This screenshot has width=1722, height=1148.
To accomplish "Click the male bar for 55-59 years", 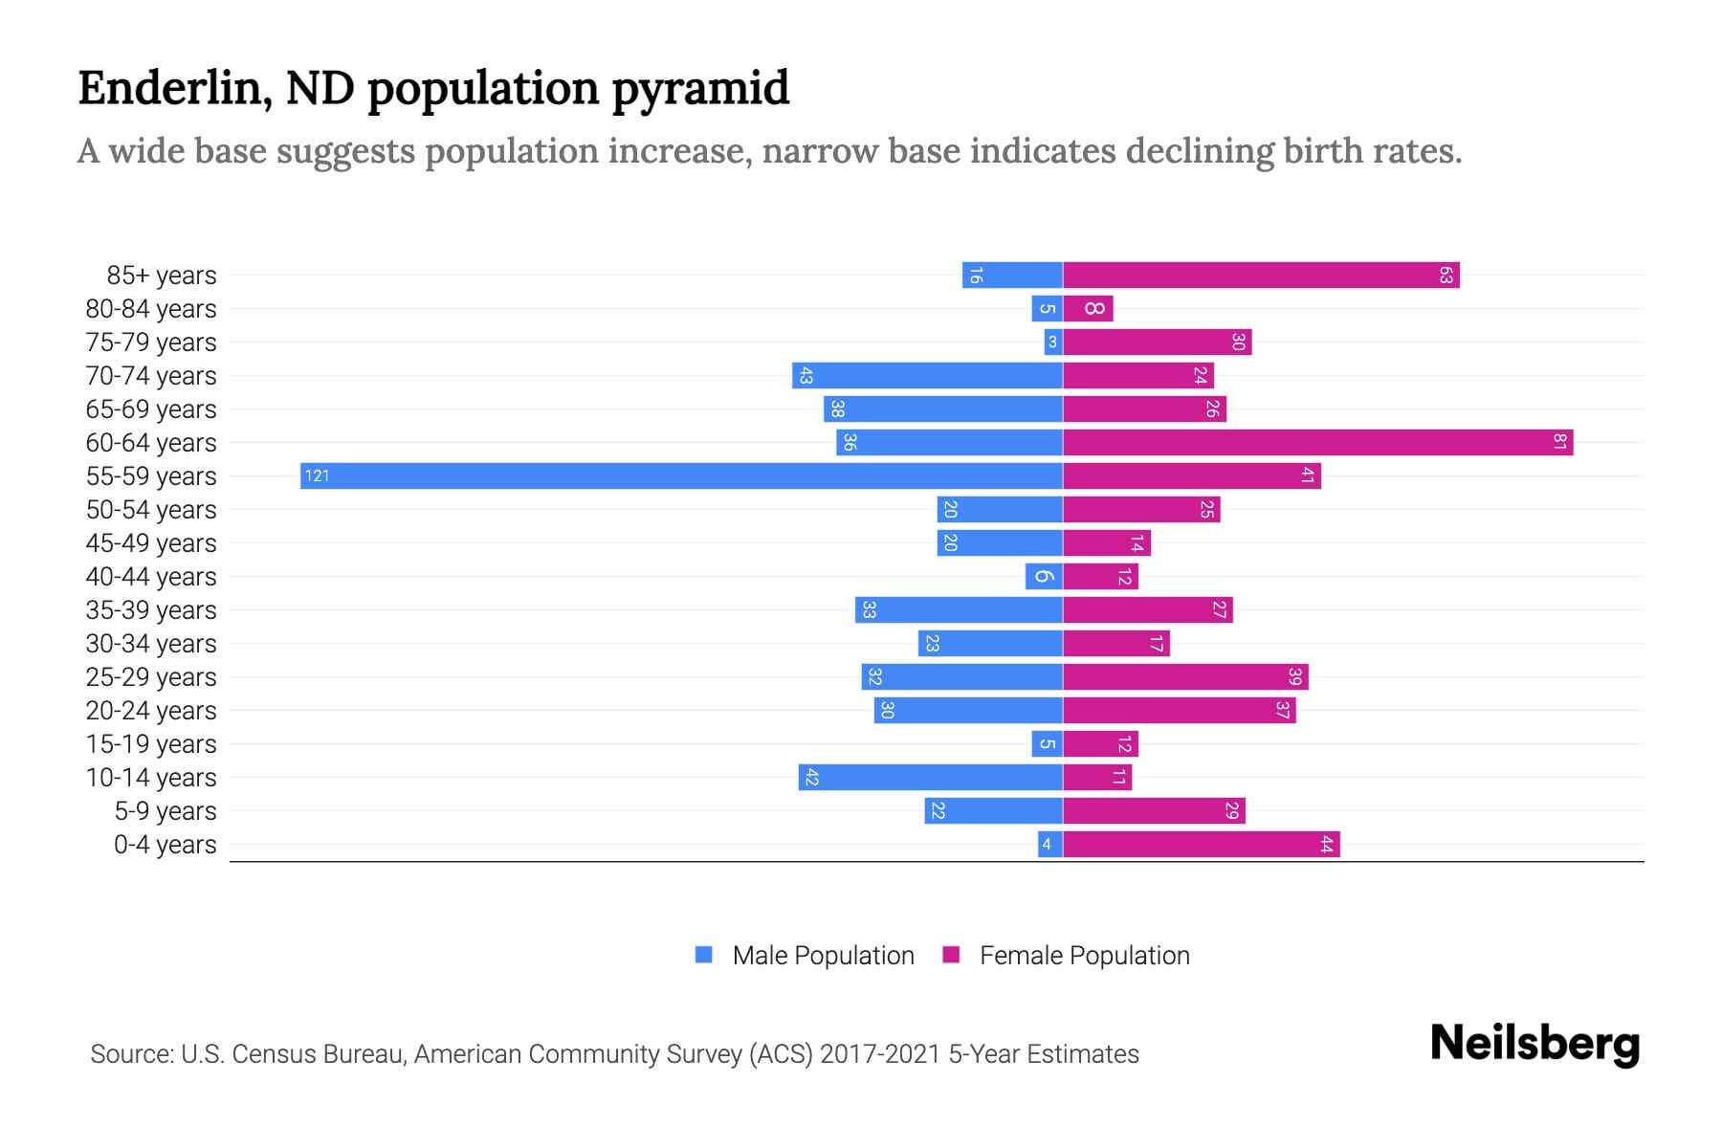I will click(x=681, y=476).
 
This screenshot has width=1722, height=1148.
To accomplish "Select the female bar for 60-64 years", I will click(x=1317, y=443).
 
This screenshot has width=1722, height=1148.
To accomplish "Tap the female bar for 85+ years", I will click(x=1261, y=276).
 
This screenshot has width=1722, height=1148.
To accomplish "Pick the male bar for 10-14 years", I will click(x=930, y=778).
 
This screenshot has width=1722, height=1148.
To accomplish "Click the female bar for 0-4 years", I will click(x=1201, y=845).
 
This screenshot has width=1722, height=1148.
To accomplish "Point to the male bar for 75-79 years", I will click(x=1053, y=342).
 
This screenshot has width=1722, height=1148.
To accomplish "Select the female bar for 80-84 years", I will click(x=1089, y=309).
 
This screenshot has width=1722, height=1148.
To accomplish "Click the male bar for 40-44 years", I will click(x=1044, y=577).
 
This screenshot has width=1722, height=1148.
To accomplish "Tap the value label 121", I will click(x=317, y=476).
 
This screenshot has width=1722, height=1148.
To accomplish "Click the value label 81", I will click(x=1559, y=443).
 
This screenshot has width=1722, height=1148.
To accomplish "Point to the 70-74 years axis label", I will click(x=151, y=376).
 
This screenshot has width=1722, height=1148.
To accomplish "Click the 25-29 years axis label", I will click(x=151, y=677).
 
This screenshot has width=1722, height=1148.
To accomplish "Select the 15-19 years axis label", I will click(x=151, y=744).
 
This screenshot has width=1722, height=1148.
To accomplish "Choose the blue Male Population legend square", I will click(x=704, y=955).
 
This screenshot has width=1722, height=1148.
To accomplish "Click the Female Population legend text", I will click(x=1084, y=956).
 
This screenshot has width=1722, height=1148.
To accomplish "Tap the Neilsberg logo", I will click(x=1534, y=1044).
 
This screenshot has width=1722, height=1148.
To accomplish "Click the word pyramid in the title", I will click(x=700, y=89).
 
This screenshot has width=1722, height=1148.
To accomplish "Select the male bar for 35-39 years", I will click(x=959, y=610).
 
